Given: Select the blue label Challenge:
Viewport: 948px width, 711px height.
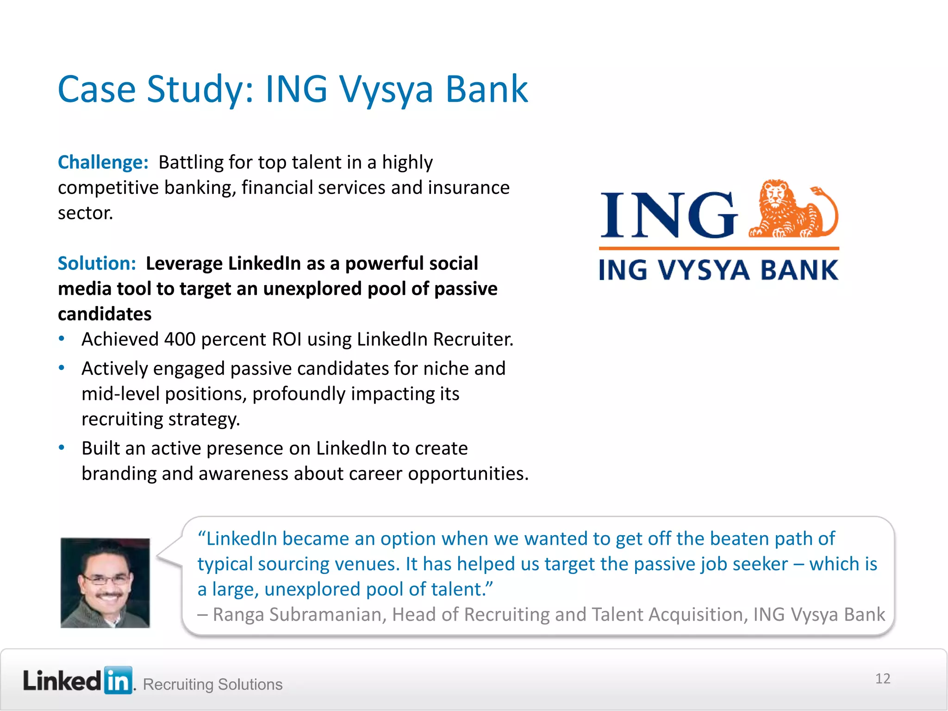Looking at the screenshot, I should tap(103, 162).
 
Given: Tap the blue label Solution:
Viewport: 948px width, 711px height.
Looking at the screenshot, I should tap(97, 263).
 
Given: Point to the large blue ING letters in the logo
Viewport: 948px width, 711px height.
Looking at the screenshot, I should tap(669, 215).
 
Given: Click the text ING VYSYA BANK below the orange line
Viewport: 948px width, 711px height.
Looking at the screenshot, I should tap(718, 270).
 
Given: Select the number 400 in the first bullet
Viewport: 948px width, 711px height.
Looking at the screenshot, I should tap(180, 339).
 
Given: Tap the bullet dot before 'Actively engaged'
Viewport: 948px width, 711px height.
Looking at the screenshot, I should tap(62, 368).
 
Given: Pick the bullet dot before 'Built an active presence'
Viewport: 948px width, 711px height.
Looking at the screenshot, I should tap(62, 448).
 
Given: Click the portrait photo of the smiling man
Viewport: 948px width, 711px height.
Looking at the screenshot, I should tap(105, 583).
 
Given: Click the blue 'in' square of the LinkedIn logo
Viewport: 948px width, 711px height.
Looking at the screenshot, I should tap(118, 680).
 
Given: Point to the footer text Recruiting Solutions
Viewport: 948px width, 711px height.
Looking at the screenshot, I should tap(212, 684).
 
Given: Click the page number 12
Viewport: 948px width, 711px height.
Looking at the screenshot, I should tap(882, 679).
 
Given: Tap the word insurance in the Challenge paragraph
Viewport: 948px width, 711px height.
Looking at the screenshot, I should tap(468, 188).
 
